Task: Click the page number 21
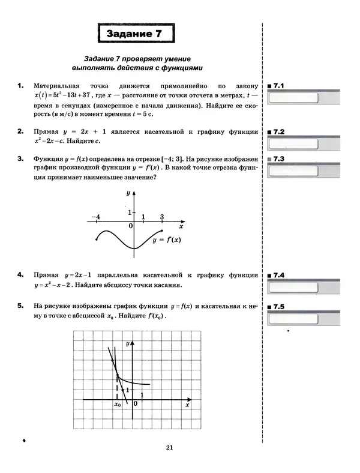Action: pyautogui.click(x=169, y=447)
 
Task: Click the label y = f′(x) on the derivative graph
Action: pyautogui.click(x=167, y=240)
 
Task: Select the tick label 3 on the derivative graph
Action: pyautogui.click(x=162, y=216)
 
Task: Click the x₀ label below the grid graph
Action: pyautogui.click(x=118, y=405)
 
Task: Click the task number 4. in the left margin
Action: pyautogui.click(x=21, y=275)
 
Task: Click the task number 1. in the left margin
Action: pyautogui.click(x=21, y=86)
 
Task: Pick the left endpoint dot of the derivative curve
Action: pyautogui.click(x=97, y=239)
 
